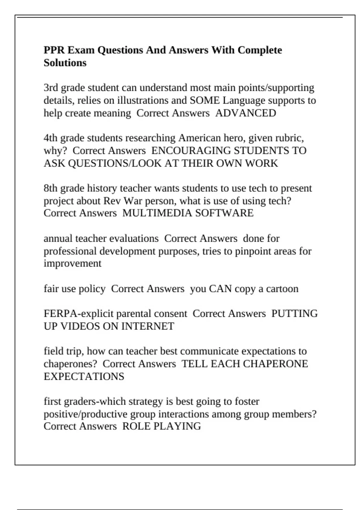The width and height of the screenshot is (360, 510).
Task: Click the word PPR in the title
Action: coord(54,50)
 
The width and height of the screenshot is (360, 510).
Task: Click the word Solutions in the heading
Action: coord(65,63)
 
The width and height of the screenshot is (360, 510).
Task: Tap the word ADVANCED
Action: coord(246,113)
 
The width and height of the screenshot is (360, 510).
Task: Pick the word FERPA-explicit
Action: coord(79,313)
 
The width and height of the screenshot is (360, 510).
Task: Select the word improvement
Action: coord(73,263)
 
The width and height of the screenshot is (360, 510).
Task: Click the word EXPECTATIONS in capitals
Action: coord(84,376)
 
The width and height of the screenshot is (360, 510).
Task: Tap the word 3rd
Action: coord(51,88)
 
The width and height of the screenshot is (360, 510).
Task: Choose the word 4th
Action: coord(51,138)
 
